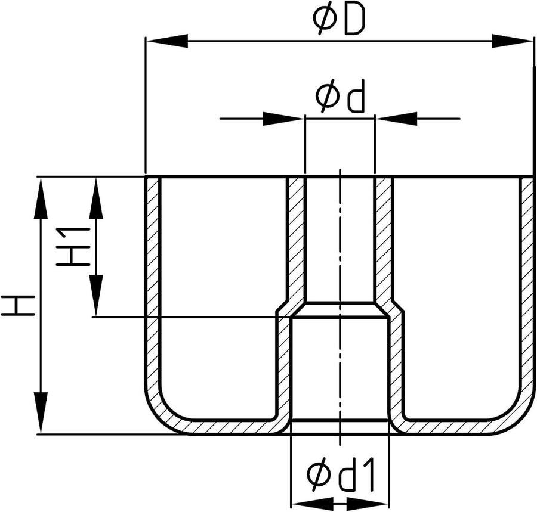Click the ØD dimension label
point(339,20)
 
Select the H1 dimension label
point(73,247)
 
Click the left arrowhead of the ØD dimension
point(167,41)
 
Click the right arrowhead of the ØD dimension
point(513,41)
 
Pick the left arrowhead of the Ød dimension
point(283,119)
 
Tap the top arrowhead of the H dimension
point(41,198)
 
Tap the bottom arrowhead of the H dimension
point(41,413)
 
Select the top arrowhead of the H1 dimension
point(96,198)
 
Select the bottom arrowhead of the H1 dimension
point(96,296)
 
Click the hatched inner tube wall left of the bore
point(295,240)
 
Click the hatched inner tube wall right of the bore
point(384,240)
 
